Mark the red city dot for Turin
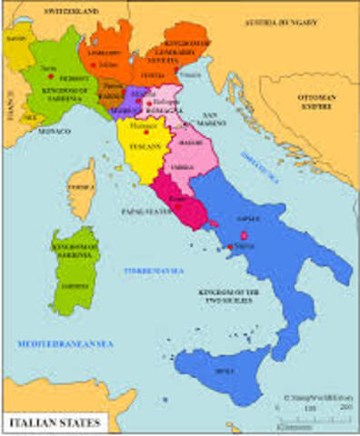point(45,69)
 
